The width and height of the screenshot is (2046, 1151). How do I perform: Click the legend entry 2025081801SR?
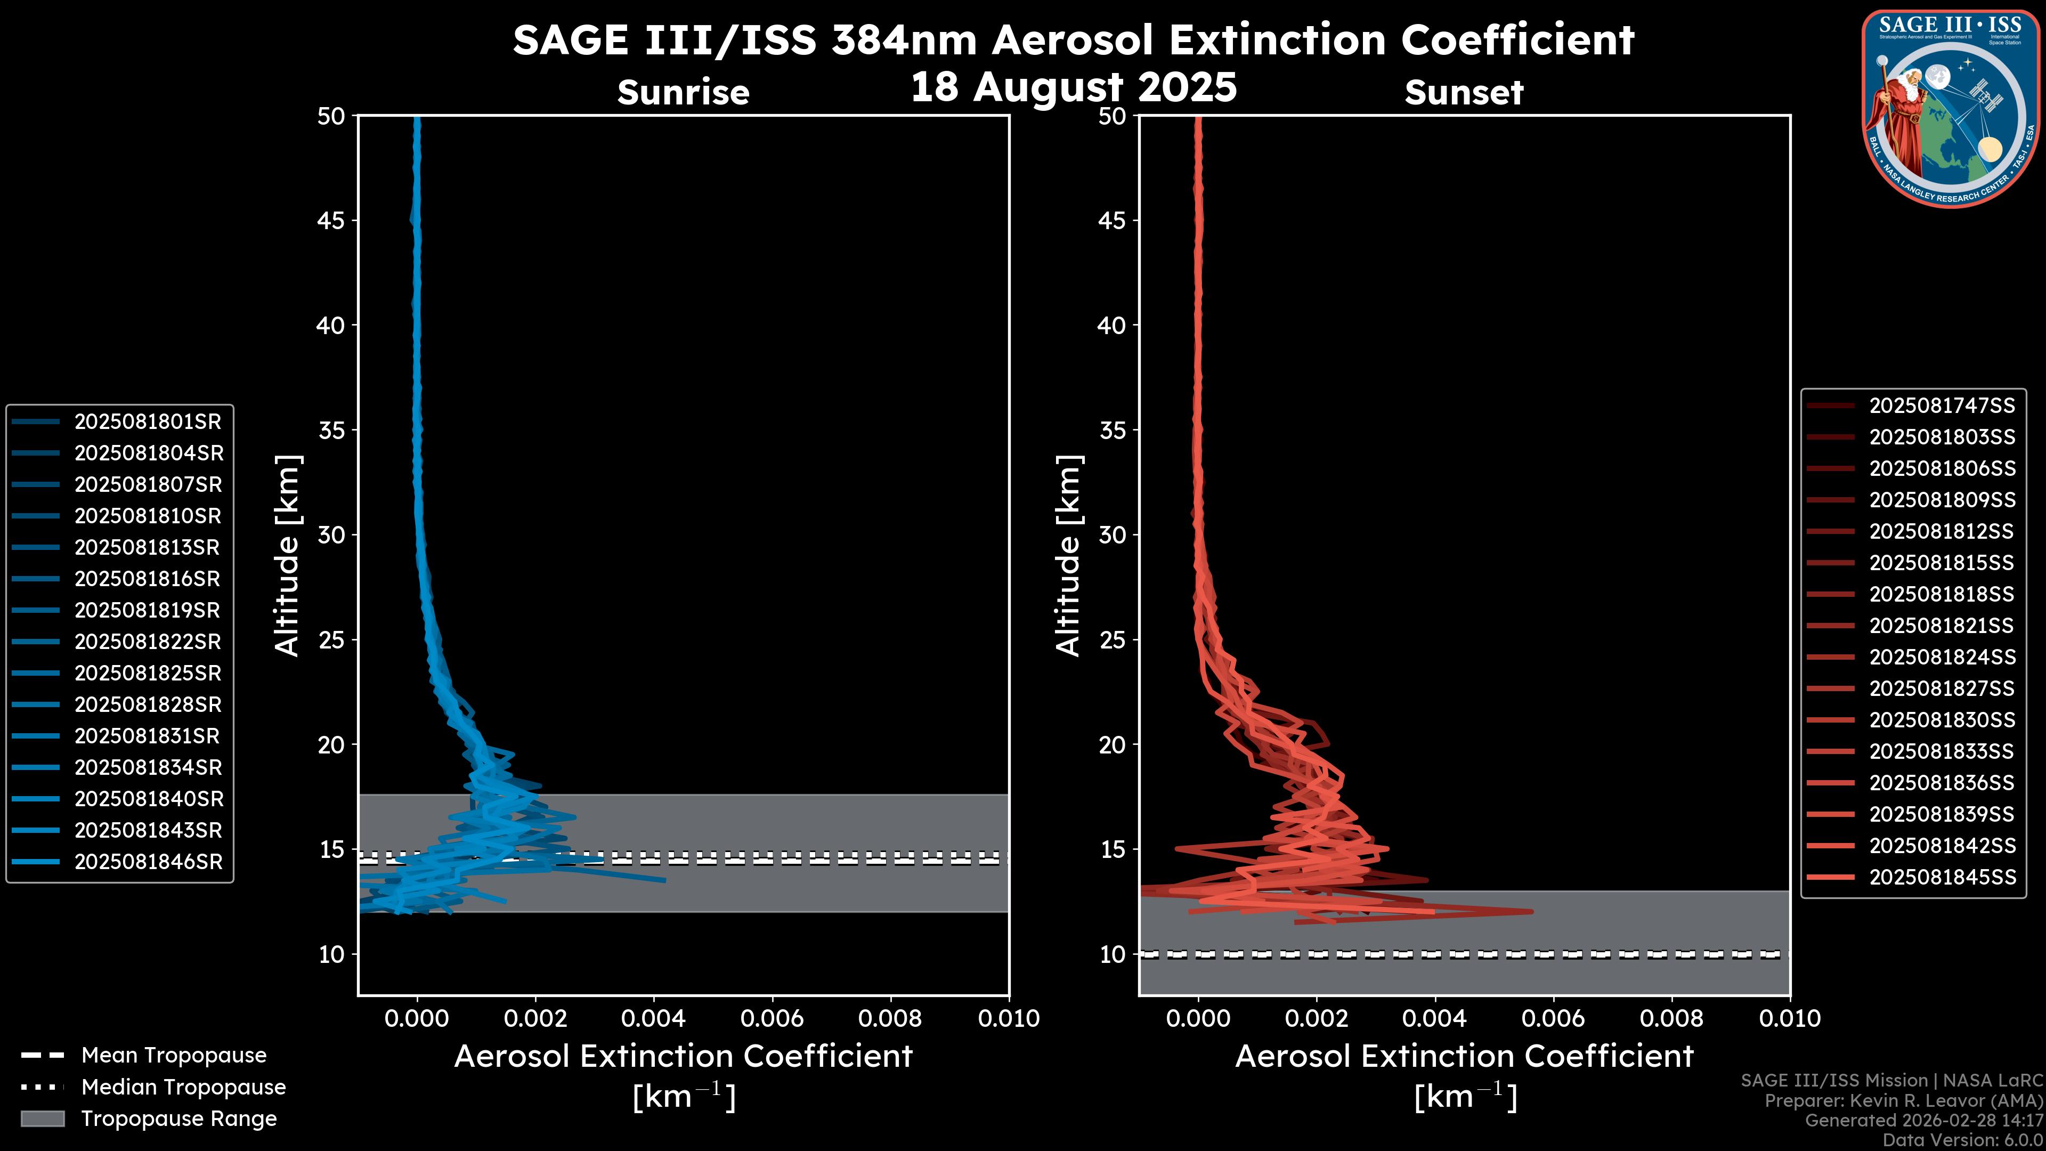[148, 422]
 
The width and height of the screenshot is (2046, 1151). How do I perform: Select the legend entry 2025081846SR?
[148, 862]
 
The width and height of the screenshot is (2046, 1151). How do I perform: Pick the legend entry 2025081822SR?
[148, 642]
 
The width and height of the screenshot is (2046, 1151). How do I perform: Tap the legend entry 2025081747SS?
[1941, 406]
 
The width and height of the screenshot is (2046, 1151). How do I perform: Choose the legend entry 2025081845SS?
[1941, 877]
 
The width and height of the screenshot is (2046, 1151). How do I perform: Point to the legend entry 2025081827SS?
[1941, 688]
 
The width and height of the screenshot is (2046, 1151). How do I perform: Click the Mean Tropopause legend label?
[173, 1056]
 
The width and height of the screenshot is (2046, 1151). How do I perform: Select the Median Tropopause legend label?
[183, 1088]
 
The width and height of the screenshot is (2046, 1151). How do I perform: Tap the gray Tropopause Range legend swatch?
[42, 1119]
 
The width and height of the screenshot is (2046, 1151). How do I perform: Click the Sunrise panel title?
[683, 93]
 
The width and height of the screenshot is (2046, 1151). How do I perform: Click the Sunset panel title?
[1463, 93]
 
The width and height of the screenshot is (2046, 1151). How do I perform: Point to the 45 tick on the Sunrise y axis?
[331, 221]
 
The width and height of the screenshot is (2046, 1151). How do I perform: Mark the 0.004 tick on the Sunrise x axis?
[653, 1018]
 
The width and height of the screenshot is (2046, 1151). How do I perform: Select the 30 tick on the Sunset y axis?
[1113, 536]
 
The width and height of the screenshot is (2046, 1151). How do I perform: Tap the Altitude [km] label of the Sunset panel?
[1068, 556]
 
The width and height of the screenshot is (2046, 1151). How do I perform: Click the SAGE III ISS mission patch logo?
[1950, 108]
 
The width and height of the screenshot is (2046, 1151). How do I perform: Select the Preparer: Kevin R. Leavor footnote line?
[1903, 1101]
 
